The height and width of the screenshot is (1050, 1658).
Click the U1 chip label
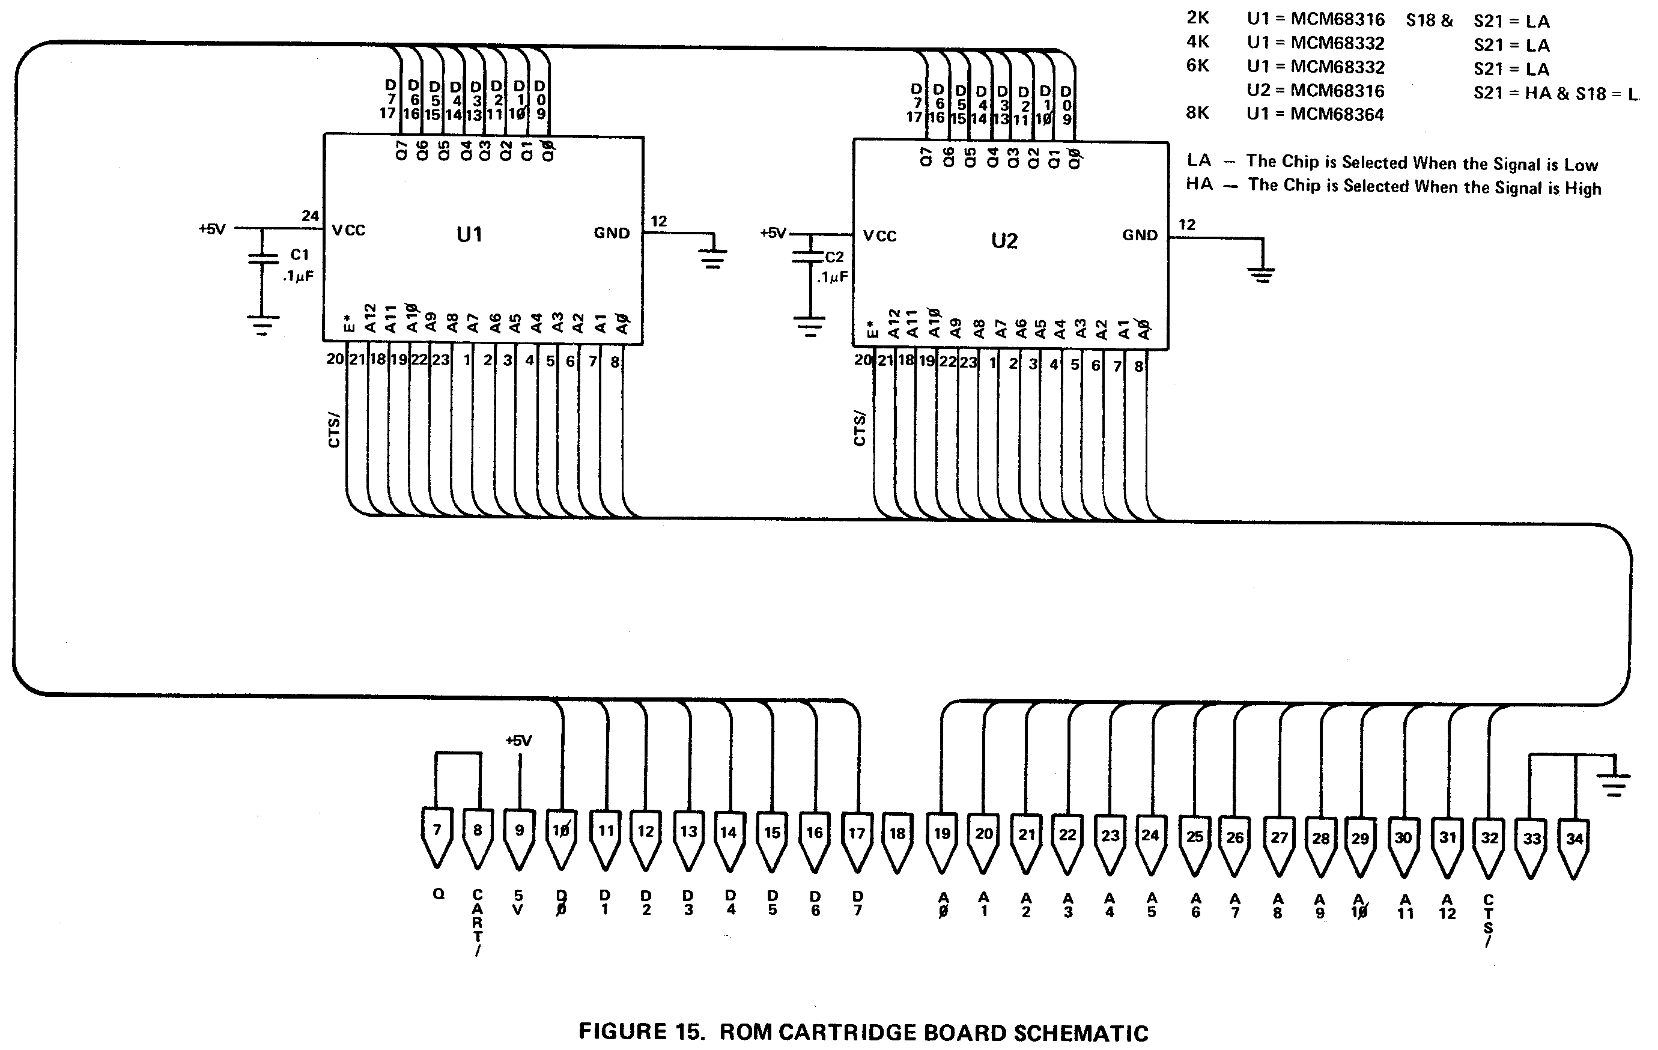tap(469, 235)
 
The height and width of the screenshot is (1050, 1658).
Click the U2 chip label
tap(1004, 240)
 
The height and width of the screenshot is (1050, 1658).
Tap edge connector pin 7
tap(437, 837)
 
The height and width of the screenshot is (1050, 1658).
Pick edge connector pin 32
tap(1489, 848)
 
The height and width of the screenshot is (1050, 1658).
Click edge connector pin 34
tap(1574, 848)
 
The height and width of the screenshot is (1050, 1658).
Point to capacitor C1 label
tap(300, 255)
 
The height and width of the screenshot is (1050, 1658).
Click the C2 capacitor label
tap(834, 257)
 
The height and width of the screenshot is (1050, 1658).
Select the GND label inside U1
tap(612, 234)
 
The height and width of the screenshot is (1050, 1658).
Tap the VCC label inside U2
tap(880, 236)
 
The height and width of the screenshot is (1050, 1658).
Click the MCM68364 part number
tap(1337, 114)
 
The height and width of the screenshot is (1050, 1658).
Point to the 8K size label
tap(1197, 112)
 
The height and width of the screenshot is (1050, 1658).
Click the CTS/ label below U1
tap(335, 429)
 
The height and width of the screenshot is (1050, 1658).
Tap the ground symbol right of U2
tap(1262, 274)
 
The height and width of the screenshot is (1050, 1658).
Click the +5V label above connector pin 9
tap(518, 741)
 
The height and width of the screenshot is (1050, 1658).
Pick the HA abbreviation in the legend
tap(1198, 184)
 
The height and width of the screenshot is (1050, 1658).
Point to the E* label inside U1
tap(349, 323)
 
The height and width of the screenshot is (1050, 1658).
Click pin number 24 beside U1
tap(310, 216)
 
